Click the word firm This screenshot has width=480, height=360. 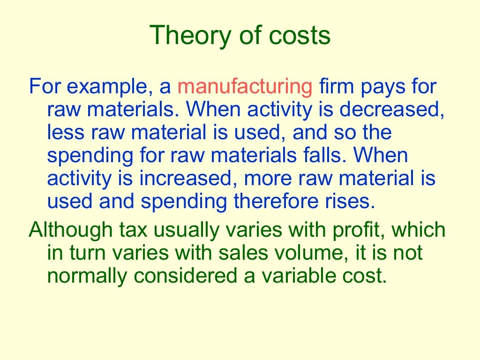pos(336,88)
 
